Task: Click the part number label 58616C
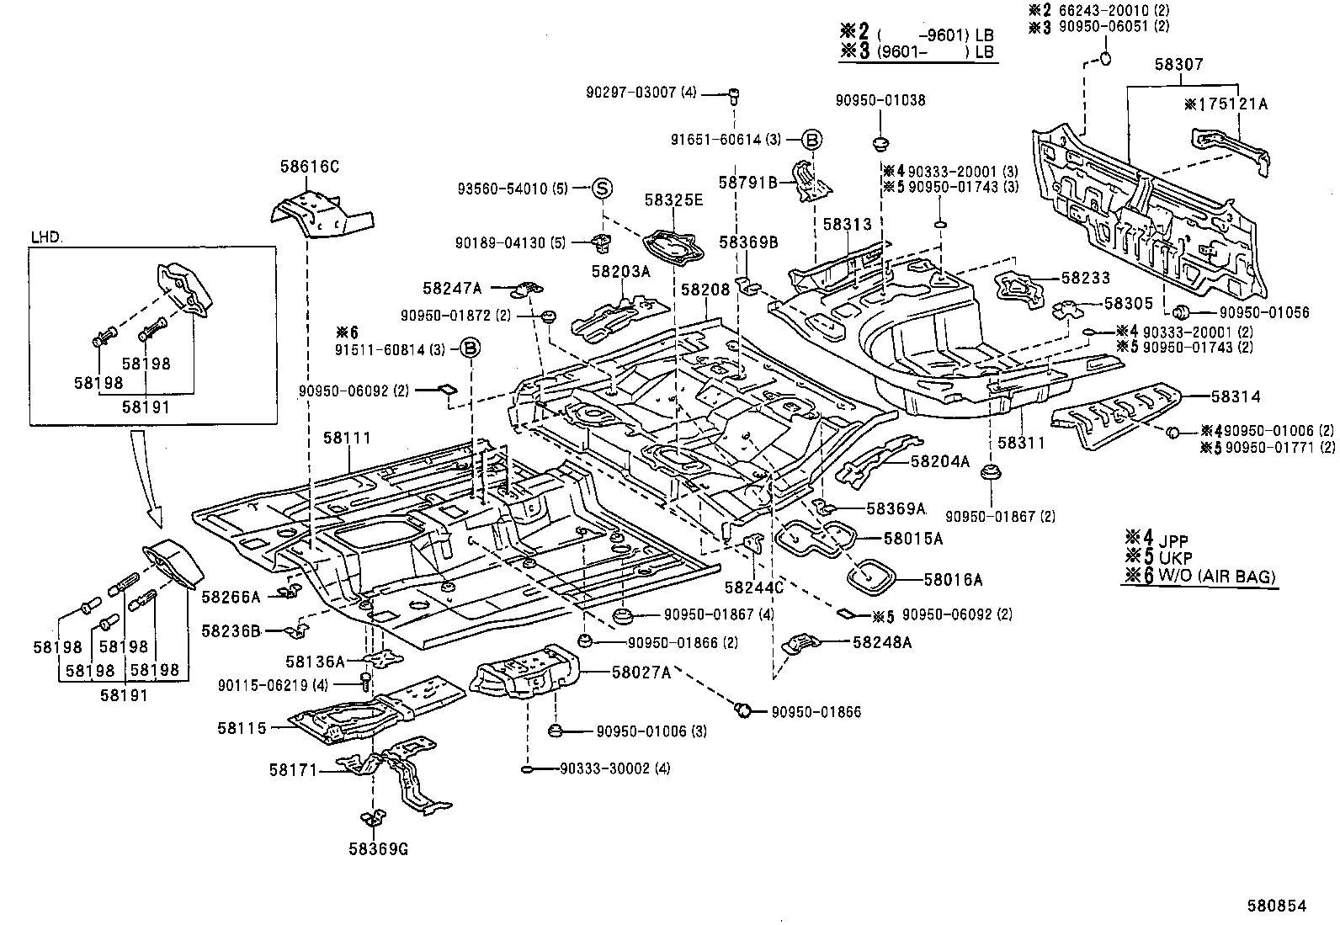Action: click(x=309, y=167)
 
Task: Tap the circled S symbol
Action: click(x=603, y=189)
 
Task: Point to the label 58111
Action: click(x=347, y=439)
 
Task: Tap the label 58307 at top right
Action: click(x=1178, y=64)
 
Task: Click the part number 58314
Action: click(x=1236, y=396)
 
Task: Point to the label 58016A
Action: click(x=953, y=579)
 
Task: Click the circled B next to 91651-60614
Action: click(x=811, y=140)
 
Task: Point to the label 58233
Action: click(x=1085, y=277)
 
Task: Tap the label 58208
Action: click(x=705, y=289)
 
